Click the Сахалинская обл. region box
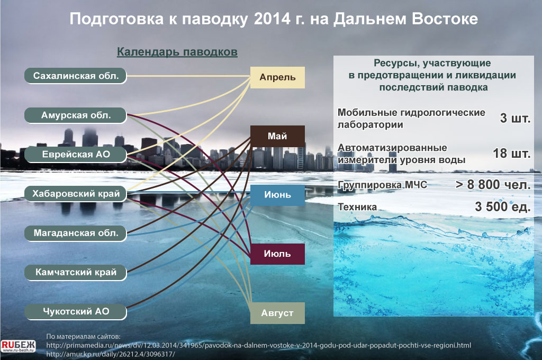(x=75, y=76)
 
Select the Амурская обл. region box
(x=75, y=115)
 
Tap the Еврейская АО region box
(x=75, y=154)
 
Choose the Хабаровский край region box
(x=75, y=193)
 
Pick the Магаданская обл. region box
(x=75, y=233)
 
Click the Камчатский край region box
(x=75, y=273)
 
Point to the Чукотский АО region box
(x=75, y=312)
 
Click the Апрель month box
(x=277, y=77)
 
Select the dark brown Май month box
(x=277, y=136)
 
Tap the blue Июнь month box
(x=277, y=195)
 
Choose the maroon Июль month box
(x=277, y=254)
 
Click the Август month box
(x=277, y=313)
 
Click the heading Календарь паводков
(x=177, y=52)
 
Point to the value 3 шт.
(x=515, y=118)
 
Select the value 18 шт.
(x=512, y=153)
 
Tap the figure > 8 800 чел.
(x=493, y=185)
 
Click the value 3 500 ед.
(x=503, y=207)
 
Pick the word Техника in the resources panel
(x=357, y=207)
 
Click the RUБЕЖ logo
(x=19, y=346)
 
